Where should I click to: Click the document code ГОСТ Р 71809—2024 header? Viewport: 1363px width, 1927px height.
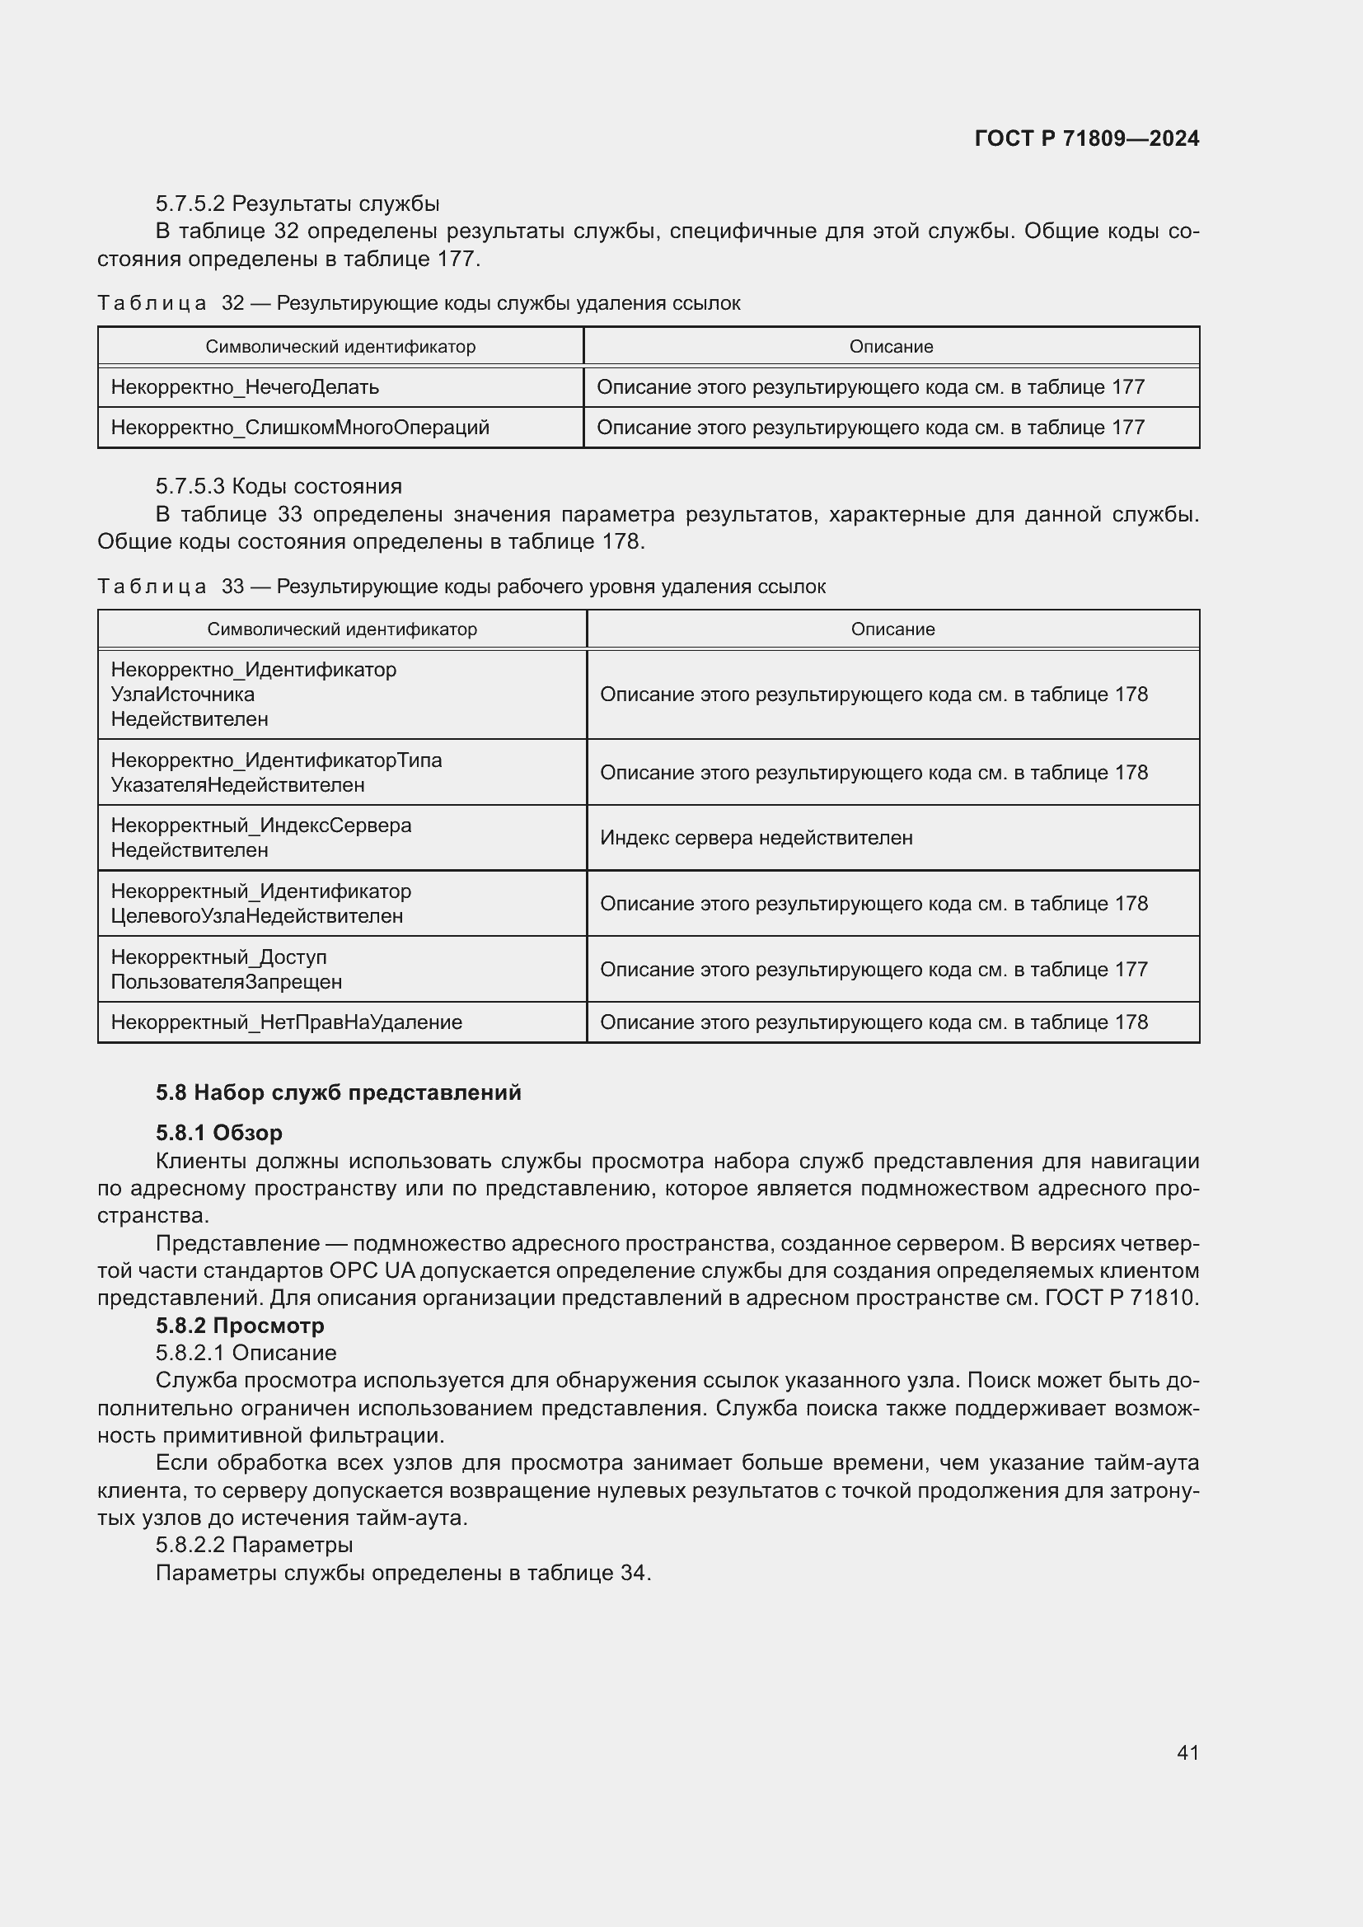coord(1086,138)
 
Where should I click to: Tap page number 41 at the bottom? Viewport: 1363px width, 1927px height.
coord(1187,1752)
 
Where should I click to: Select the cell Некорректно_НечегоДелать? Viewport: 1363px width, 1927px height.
coord(245,387)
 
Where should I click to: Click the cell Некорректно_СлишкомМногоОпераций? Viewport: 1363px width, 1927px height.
coord(300,428)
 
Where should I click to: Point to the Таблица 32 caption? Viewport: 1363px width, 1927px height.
coord(418,303)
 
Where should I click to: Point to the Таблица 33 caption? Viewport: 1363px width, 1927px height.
coord(461,586)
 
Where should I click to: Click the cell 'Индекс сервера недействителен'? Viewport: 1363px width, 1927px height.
coord(756,838)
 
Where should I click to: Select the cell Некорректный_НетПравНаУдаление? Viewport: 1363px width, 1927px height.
coord(286,1022)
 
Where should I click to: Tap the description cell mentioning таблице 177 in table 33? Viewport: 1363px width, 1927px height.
coord(873,970)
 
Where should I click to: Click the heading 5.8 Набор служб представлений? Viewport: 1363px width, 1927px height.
coord(338,1092)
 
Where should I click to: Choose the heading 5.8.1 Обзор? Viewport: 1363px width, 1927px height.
coord(218,1132)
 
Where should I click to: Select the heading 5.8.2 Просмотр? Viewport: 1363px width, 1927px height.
coord(239,1326)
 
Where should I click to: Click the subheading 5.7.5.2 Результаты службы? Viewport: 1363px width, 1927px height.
coord(297,204)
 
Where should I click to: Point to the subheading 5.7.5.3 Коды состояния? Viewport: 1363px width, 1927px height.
coord(279,486)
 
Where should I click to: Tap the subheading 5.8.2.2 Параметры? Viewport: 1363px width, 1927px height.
coord(254,1544)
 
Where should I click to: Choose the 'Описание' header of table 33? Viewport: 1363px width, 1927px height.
coord(892,629)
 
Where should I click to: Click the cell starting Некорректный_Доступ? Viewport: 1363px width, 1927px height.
coord(227,970)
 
